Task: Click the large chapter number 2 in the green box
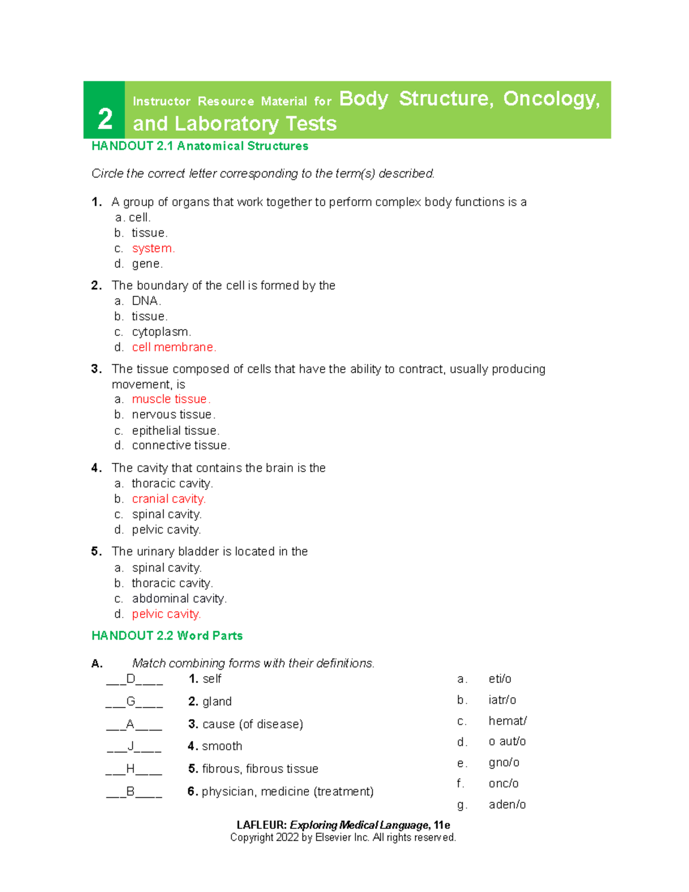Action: tap(104, 119)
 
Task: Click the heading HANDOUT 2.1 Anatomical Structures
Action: tap(200, 146)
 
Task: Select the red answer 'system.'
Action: tap(153, 248)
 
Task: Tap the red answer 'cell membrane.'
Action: tap(174, 347)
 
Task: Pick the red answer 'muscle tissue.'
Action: tap(171, 399)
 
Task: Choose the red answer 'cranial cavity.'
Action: tap(169, 499)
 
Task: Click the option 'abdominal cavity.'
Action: tap(179, 598)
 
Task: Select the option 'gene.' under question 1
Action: tap(148, 264)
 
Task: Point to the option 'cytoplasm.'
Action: tap(161, 332)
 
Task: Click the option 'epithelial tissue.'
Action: tap(176, 431)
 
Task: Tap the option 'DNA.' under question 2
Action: tap(146, 301)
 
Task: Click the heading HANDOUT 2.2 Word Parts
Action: tap(167, 635)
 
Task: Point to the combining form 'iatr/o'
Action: tap(502, 700)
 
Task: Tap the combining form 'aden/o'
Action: tap(507, 804)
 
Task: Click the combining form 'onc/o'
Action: tap(504, 783)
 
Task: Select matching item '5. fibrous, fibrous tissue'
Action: tap(253, 769)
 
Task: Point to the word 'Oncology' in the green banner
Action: tap(551, 99)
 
